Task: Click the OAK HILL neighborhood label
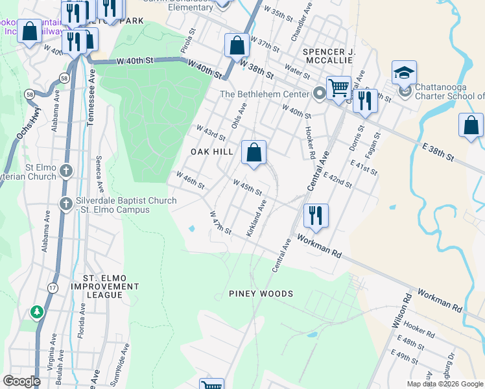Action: point(211,152)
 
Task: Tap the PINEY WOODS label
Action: point(261,294)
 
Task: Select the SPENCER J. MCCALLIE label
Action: point(334,55)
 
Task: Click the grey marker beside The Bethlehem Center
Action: point(319,94)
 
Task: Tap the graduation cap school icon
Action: point(404,73)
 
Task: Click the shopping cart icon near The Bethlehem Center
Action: point(338,88)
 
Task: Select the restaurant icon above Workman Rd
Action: point(316,215)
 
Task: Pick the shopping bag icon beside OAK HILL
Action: point(254,153)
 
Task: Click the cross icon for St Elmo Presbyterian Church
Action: point(65,171)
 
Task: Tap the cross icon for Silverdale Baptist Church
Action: point(65,204)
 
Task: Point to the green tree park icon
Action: point(38,312)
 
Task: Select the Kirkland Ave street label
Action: point(255,218)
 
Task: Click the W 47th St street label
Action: point(220,222)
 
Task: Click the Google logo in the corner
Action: point(22,381)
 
